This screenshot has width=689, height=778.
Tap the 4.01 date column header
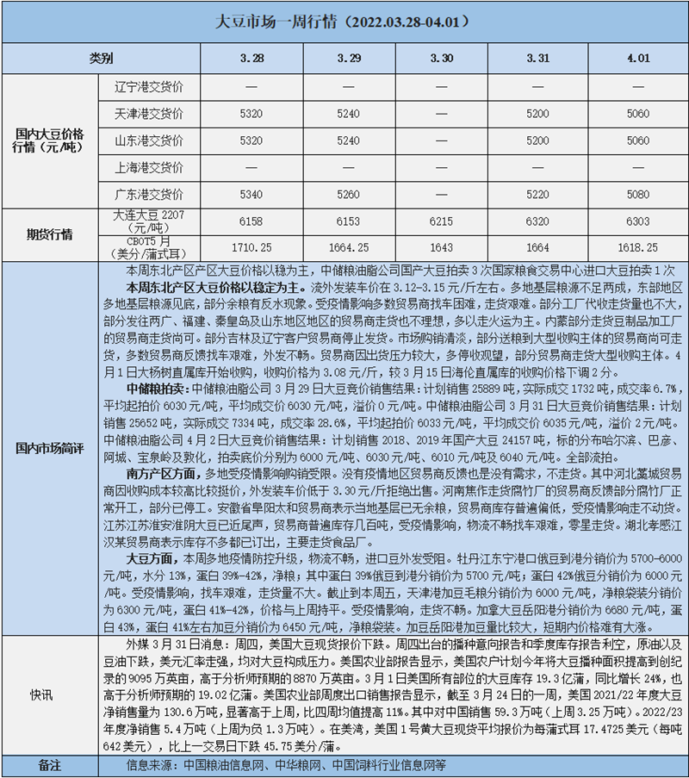(x=637, y=59)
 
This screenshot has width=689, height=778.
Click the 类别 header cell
(x=101, y=59)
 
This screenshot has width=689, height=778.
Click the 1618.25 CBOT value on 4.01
(x=637, y=246)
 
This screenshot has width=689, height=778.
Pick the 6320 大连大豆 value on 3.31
(x=543, y=221)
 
